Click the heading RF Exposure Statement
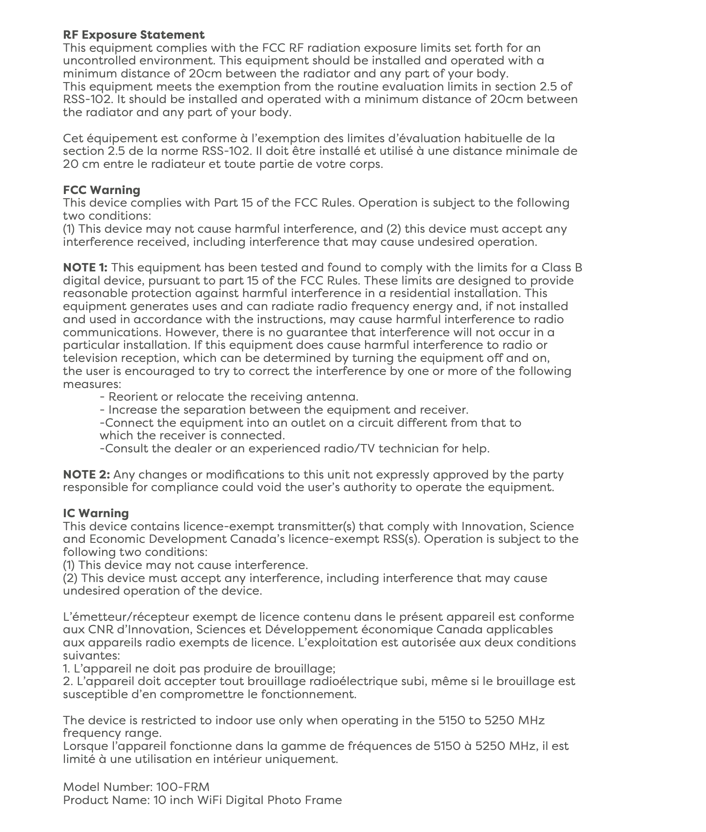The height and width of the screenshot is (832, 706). click(x=133, y=35)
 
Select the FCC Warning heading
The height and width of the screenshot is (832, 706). click(x=101, y=190)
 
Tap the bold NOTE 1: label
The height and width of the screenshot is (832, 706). click(x=85, y=268)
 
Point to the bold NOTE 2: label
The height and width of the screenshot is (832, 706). click(x=86, y=475)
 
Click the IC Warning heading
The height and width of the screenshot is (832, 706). click(x=96, y=513)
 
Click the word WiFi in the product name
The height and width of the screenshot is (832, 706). click(x=210, y=800)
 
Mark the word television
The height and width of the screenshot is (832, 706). click(x=90, y=358)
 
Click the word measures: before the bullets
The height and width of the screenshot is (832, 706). click(x=92, y=384)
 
